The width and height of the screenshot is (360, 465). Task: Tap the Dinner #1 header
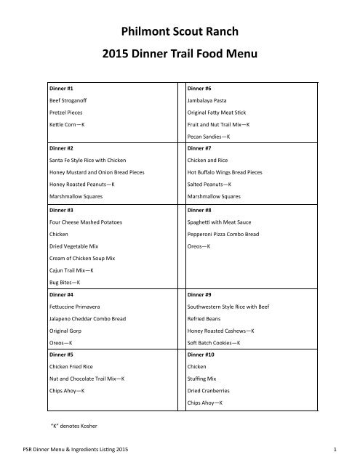point(60,87)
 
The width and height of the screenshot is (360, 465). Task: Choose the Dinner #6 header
point(200,87)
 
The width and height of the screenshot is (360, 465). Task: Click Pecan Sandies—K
point(209,137)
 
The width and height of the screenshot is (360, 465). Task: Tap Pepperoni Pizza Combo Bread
point(225,235)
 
